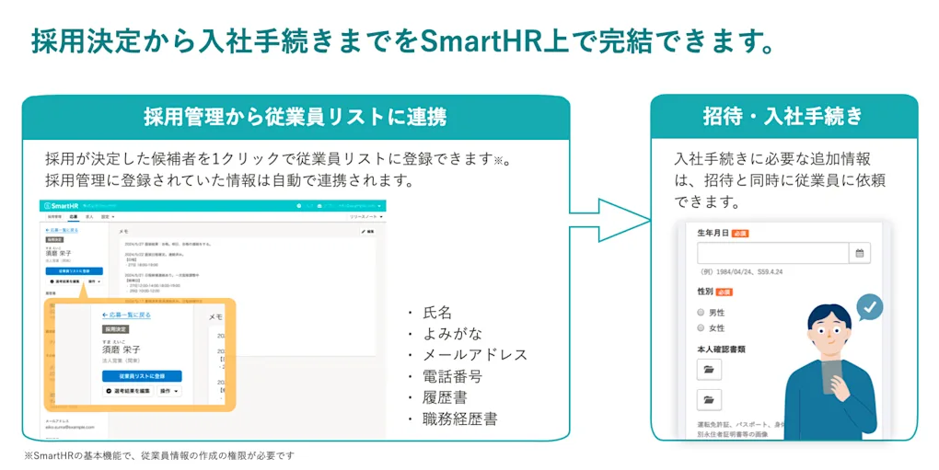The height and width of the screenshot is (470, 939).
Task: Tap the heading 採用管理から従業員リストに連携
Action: point(296,117)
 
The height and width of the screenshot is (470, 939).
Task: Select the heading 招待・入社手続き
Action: point(783,116)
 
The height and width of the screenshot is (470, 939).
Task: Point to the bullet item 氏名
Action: point(437,313)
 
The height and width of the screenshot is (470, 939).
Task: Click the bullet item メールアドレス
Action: point(475,355)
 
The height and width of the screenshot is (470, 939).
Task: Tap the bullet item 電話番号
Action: point(452,376)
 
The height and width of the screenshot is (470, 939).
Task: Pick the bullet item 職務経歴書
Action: point(459,418)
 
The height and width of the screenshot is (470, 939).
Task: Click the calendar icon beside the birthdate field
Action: point(859,254)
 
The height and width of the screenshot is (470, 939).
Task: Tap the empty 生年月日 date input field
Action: point(771,254)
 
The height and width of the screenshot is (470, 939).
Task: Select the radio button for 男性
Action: point(701,313)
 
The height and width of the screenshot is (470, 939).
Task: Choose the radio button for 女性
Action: point(701,328)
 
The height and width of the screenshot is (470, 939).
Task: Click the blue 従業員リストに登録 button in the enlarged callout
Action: point(142,376)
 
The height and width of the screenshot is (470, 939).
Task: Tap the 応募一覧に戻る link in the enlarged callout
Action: point(126,315)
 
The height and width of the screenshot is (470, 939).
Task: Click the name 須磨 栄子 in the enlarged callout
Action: point(122,350)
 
